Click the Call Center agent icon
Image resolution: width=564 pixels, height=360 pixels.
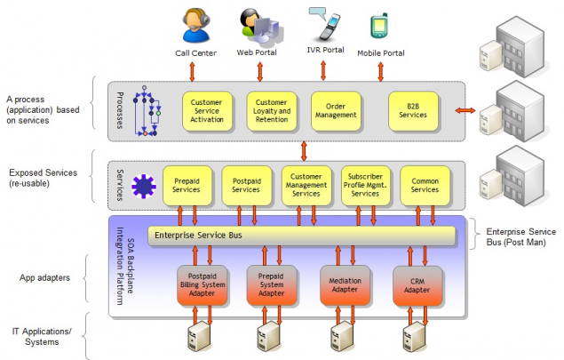click(197, 26)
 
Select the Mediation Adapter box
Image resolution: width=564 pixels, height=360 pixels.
click(344, 284)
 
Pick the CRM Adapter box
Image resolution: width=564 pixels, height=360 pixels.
click(417, 284)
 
